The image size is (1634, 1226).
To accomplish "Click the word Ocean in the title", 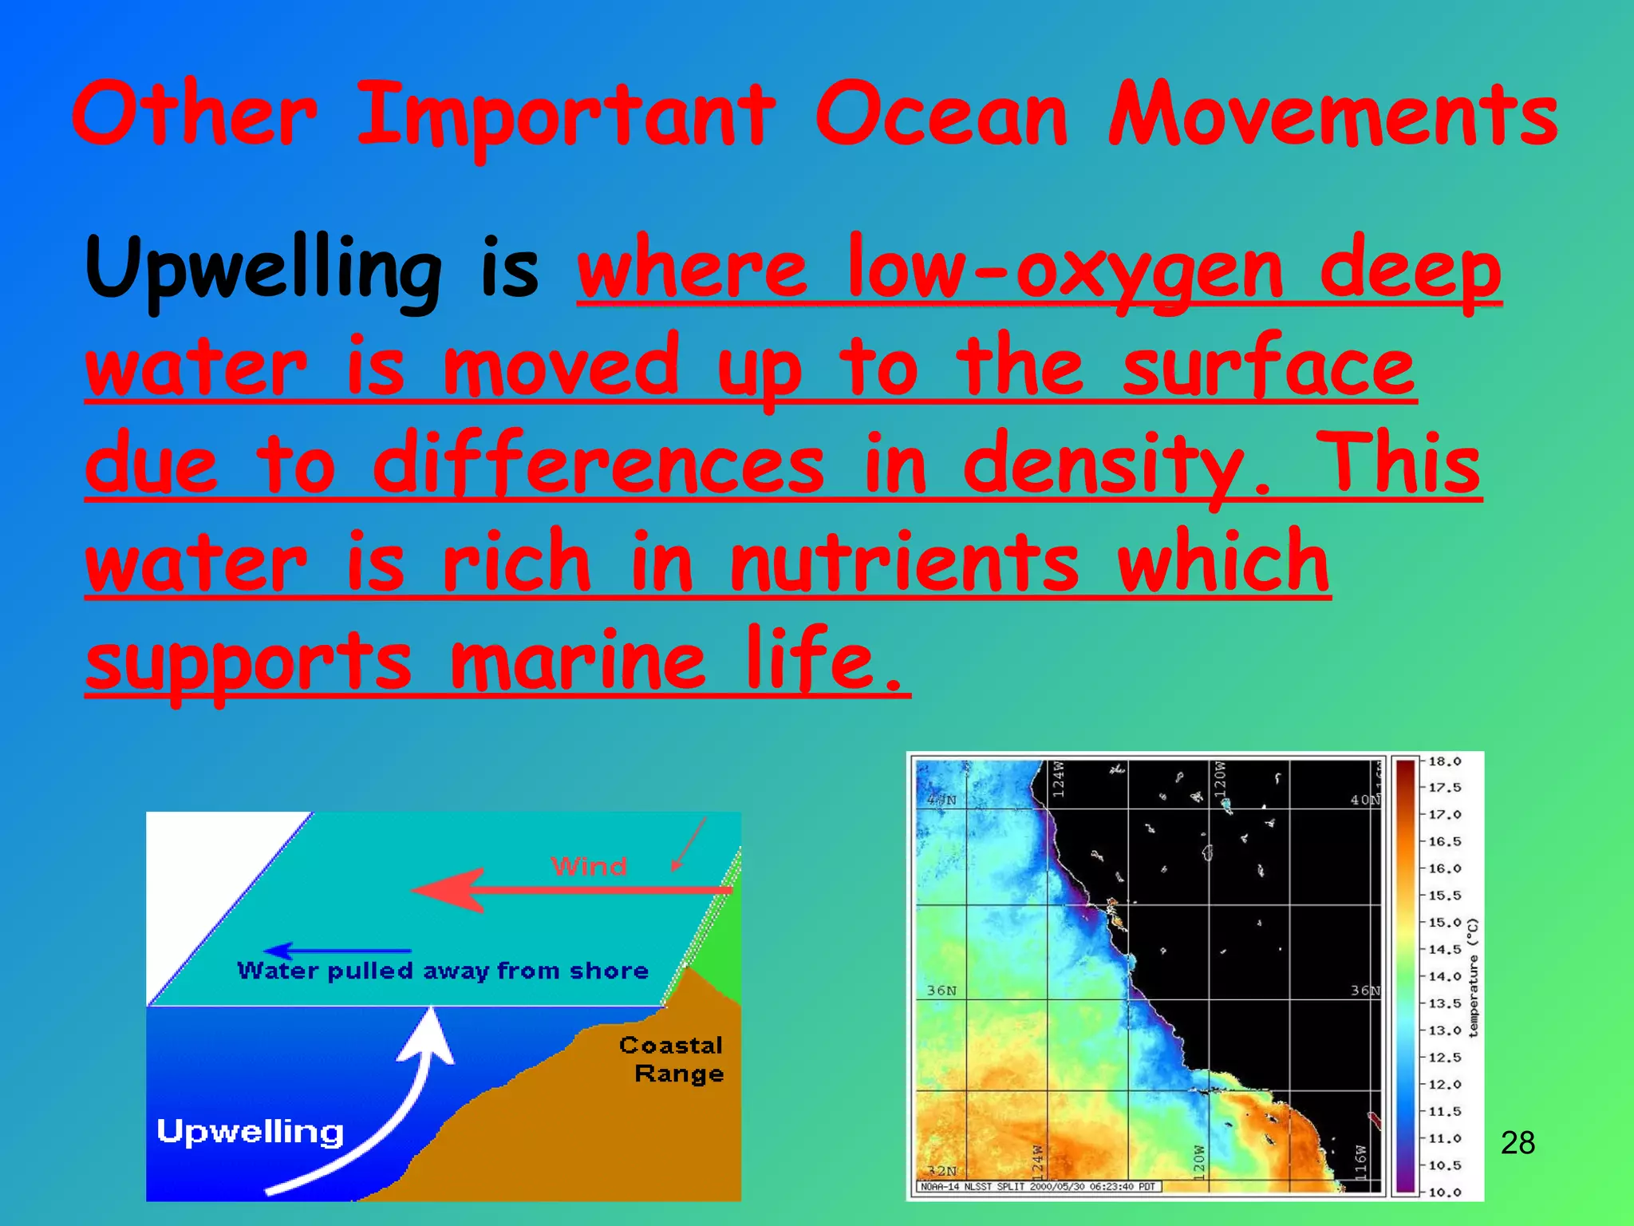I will pos(941,116).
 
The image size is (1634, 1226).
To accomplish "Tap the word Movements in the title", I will pos(1332,116).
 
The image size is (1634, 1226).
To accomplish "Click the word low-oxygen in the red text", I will pos(1065,271).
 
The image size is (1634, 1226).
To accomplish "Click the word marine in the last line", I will pos(578,662).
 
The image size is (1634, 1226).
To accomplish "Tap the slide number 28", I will pos(1518,1143).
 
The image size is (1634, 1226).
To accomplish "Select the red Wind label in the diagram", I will pos(589,867).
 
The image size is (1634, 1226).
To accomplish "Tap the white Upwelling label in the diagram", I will pos(251,1132).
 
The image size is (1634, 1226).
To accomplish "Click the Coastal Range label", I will pos(673,1059).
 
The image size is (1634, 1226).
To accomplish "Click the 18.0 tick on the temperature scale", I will pos(1444,761).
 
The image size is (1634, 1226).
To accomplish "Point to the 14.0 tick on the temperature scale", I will pos(1444,976).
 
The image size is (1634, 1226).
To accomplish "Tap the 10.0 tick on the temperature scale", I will pos(1444,1192).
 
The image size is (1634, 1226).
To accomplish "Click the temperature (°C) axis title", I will pos(1473,977).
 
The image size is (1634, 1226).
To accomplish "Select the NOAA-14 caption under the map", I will pos(1037,1187).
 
